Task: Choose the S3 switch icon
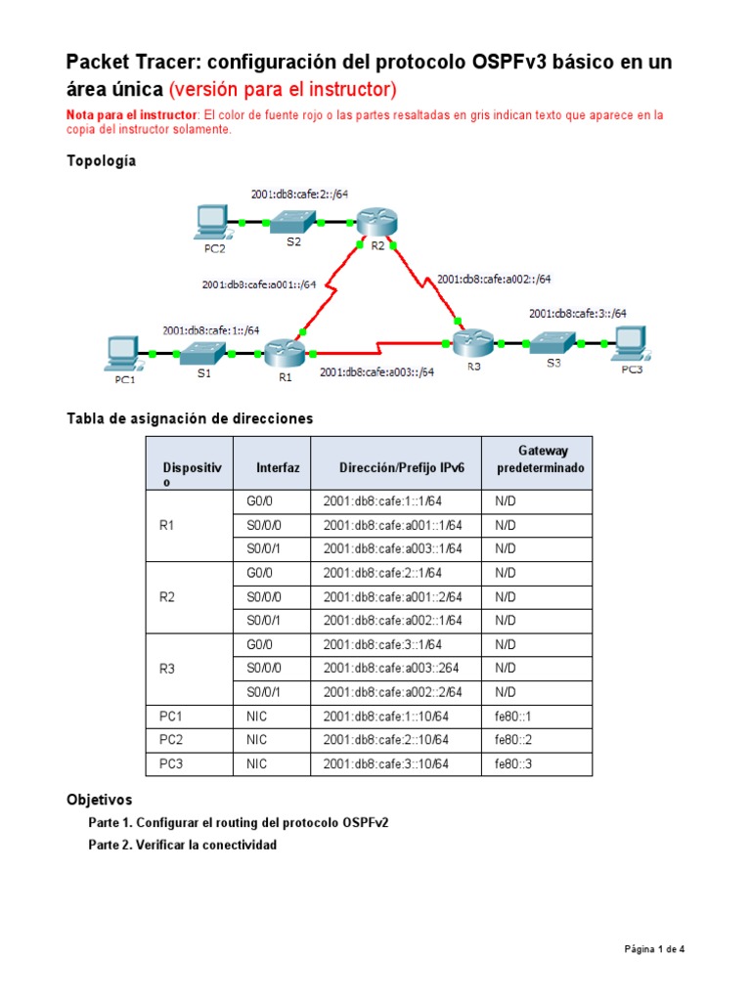[x=553, y=342]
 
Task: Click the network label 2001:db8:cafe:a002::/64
[x=494, y=279]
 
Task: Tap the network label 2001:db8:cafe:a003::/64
[x=376, y=371]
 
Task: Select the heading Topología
[x=101, y=161]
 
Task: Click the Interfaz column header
[x=278, y=468]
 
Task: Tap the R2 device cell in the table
[x=167, y=596]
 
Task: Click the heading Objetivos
[x=99, y=800]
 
